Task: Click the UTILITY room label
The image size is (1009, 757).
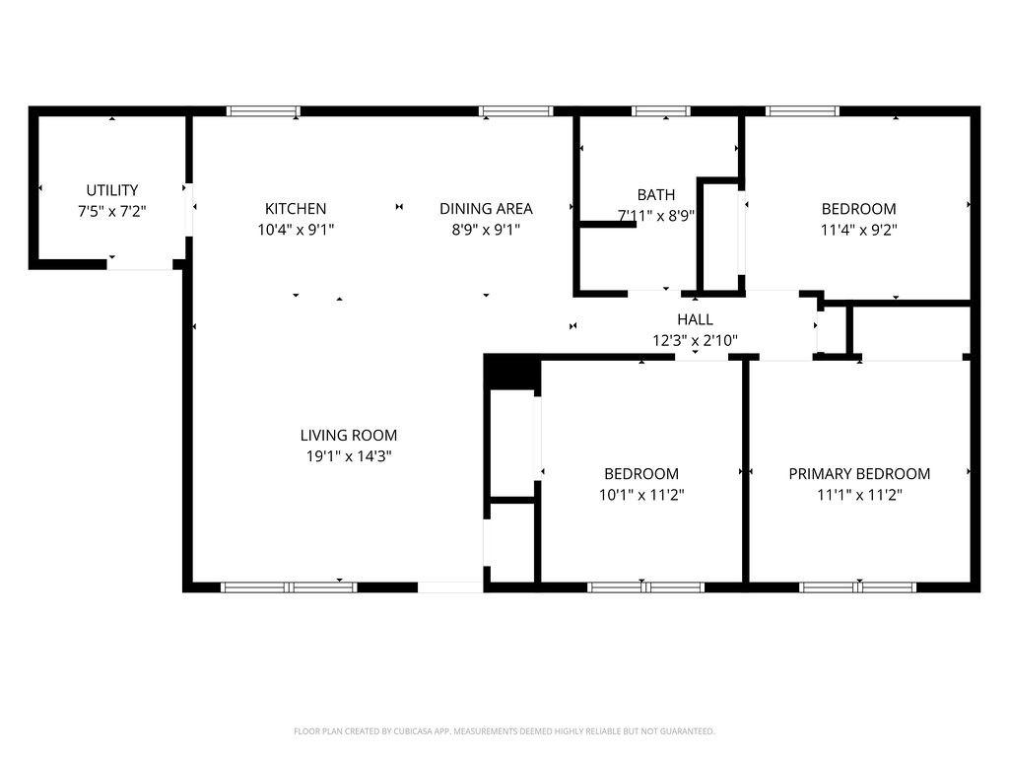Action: [x=112, y=190]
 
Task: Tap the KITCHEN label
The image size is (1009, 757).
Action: [x=296, y=209]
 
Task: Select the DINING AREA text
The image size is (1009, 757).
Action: [x=486, y=209]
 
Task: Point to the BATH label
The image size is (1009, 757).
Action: [x=655, y=194]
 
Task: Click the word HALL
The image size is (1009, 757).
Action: [x=695, y=319]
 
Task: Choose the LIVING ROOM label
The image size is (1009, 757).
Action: [x=349, y=435]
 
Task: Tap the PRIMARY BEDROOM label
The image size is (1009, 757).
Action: [x=859, y=474]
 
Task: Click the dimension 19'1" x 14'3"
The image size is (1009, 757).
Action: [x=349, y=456]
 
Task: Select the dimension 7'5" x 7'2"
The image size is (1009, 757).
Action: [x=112, y=211]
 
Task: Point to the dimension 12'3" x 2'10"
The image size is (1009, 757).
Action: [x=695, y=340]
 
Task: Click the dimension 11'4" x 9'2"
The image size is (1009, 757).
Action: [x=859, y=229]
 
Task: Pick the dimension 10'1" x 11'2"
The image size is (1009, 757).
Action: [x=640, y=495]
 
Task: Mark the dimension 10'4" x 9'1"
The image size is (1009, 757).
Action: [x=296, y=229]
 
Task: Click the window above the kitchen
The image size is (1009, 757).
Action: [x=263, y=110]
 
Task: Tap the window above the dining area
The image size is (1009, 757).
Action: [x=515, y=110]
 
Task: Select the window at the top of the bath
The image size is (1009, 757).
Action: [x=661, y=110]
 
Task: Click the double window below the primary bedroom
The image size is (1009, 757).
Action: [x=858, y=587]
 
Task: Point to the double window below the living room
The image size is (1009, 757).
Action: [x=289, y=587]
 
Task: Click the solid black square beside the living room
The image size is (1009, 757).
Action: [x=511, y=372]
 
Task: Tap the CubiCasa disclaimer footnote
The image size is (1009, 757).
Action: [x=504, y=731]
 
